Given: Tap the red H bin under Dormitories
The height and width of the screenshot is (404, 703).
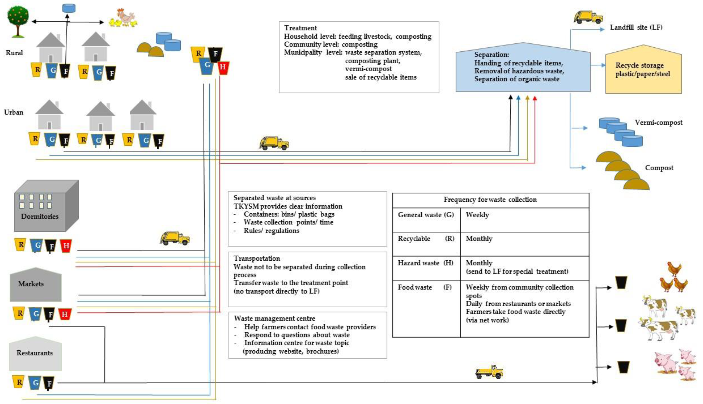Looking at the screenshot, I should (66, 246).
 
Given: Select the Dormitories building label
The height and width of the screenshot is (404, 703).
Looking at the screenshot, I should (40, 216).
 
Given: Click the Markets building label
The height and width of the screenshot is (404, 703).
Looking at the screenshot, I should (31, 284).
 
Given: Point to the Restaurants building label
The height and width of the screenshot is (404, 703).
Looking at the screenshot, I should (35, 353).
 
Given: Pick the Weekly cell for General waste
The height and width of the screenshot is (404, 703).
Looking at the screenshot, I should (477, 215).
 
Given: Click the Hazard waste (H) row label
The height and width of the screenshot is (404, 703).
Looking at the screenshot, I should (425, 263).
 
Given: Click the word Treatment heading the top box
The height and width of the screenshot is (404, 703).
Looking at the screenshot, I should (300, 28).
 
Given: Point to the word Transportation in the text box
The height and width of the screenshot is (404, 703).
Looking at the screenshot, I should (257, 259).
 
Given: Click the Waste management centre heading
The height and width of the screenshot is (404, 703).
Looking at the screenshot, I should (274, 319).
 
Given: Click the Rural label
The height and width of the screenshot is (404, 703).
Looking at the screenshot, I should (14, 53).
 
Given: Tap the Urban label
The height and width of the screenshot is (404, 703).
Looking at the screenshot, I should (14, 112).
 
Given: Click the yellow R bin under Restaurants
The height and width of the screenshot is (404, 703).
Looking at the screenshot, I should (19, 382).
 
